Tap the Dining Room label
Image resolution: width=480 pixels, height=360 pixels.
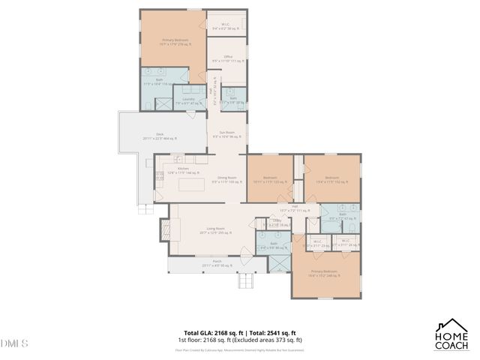pyautogui.click(x=227, y=179)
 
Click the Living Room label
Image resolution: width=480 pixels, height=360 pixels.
pyautogui.click(x=216, y=231)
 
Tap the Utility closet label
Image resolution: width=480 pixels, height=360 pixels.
pyautogui.click(x=265, y=222)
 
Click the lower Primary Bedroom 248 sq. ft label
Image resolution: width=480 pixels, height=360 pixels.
pyautogui.click(x=324, y=273)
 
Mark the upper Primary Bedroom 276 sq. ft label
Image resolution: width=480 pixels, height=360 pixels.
pyautogui.click(x=174, y=42)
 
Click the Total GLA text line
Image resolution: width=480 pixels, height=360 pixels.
pyautogui.click(x=240, y=333)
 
